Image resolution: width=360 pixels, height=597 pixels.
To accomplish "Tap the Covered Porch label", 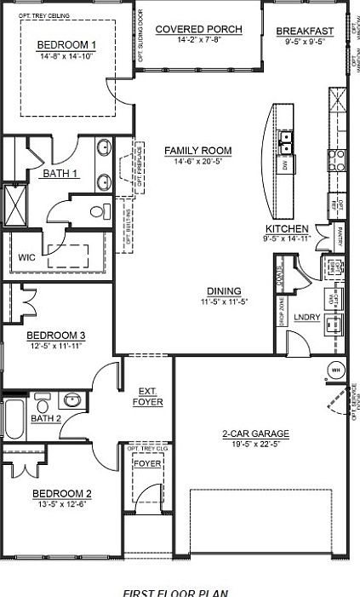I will coord(198,29).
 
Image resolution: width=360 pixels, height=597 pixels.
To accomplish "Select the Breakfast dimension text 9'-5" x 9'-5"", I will coord(305,40).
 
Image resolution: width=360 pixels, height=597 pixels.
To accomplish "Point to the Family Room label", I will coord(198,151).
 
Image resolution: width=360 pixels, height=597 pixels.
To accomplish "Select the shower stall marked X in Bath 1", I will coord(14,201).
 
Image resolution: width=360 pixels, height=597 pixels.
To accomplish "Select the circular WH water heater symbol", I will coord(335,370).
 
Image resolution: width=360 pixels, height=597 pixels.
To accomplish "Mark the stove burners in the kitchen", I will coord(339,157).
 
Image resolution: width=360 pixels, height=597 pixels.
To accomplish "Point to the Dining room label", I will coord(221,290).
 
